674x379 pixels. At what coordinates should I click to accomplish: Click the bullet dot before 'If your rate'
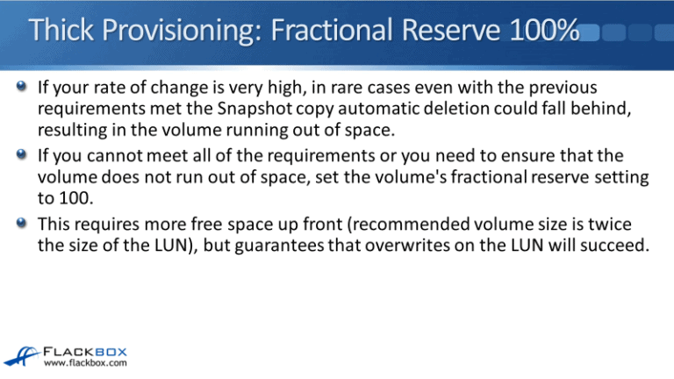pos(24,89)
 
